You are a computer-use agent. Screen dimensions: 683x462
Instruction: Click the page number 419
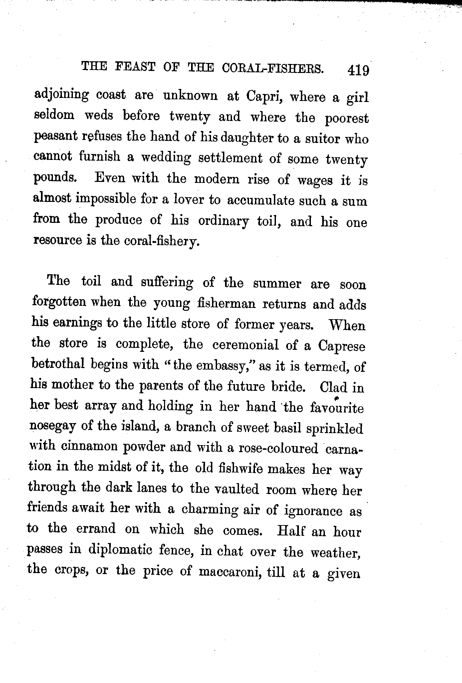pos(358,71)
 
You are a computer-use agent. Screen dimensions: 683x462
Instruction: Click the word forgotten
pos(59,303)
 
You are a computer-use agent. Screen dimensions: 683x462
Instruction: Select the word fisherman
pos(226,304)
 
